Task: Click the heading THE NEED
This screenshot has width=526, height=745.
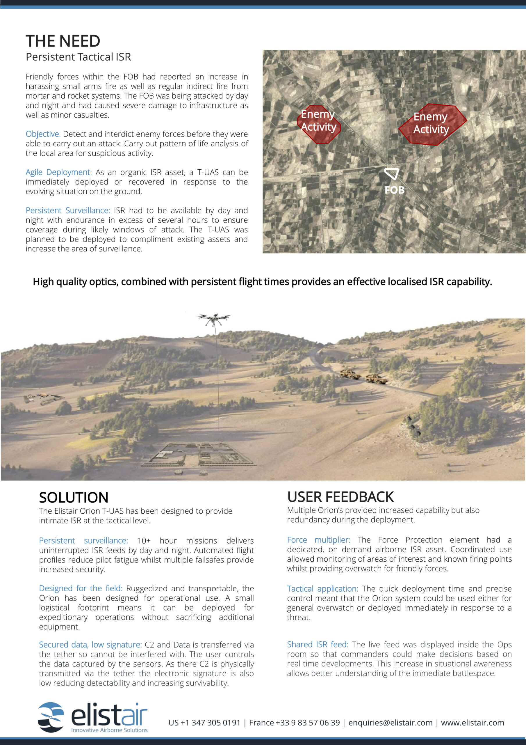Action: (63, 41)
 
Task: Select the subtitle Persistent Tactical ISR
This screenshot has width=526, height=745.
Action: (79, 57)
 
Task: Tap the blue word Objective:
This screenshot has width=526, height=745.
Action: (43, 134)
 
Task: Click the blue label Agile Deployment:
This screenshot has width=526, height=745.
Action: (59, 172)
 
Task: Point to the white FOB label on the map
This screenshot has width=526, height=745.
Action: (394, 190)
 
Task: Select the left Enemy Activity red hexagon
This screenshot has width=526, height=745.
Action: (319, 124)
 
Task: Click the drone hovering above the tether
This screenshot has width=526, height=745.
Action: (214, 318)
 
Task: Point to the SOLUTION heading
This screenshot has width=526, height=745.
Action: (74, 497)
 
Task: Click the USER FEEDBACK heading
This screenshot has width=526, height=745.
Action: (340, 497)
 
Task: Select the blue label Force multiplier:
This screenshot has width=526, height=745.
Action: (318, 540)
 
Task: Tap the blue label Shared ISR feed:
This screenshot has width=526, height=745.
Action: (318, 644)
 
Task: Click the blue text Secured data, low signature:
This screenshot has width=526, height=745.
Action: (90, 645)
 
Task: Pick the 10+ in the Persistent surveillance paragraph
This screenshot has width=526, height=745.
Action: (144, 541)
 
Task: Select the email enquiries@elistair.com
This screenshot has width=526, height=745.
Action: (391, 723)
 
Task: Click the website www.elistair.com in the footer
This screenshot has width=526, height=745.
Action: (472, 723)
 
